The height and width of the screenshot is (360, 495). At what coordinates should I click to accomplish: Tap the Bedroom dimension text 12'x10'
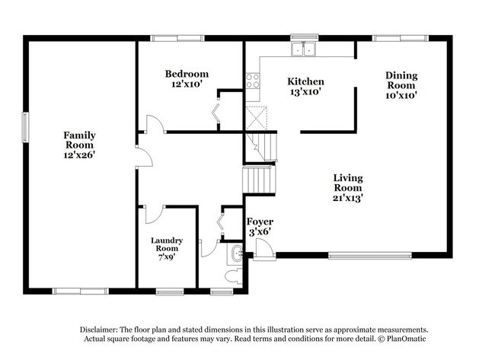pos(187,84)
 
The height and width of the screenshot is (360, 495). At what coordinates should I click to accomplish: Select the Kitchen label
pos(305,81)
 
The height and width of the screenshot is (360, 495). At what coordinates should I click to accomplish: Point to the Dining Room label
pos(401,80)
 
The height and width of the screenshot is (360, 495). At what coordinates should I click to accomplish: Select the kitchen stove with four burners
pos(253,81)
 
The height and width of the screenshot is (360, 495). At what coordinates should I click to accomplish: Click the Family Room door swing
pos(144,157)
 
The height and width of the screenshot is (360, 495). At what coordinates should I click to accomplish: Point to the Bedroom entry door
pos(155,124)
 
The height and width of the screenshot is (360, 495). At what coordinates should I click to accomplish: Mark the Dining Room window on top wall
pos(400,37)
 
